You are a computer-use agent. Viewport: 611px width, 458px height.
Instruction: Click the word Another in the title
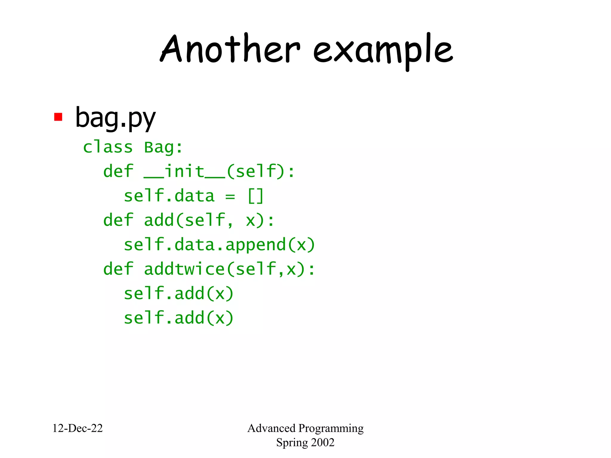[x=230, y=49]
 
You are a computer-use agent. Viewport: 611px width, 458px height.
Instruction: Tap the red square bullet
[x=58, y=117]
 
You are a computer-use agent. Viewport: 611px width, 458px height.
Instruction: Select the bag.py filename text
[x=115, y=118]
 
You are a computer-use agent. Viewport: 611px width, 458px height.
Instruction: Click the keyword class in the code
[x=108, y=147]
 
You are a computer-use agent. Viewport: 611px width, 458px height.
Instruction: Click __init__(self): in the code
[x=219, y=171]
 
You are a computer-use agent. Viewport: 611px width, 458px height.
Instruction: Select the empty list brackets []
[x=256, y=196]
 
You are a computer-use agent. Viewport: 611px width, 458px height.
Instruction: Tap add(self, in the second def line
[x=188, y=220]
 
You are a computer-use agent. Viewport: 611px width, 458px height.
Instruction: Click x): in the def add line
[x=260, y=221]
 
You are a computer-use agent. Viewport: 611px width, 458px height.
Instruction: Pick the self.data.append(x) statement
[x=219, y=245]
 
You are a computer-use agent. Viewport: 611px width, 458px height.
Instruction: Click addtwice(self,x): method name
[x=229, y=269]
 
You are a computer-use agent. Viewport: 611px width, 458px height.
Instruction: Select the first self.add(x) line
[x=178, y=293]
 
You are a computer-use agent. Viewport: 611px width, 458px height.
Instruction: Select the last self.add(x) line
[x=178, y=318]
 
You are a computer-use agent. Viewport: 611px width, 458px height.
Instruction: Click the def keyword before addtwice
[x=118, y=269]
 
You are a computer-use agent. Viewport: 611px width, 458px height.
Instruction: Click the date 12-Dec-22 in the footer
[x=78, y=428]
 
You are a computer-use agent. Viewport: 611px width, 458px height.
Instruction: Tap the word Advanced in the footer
[x=271, y=428]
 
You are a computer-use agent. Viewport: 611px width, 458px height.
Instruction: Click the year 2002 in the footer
[x=323, y=442]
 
